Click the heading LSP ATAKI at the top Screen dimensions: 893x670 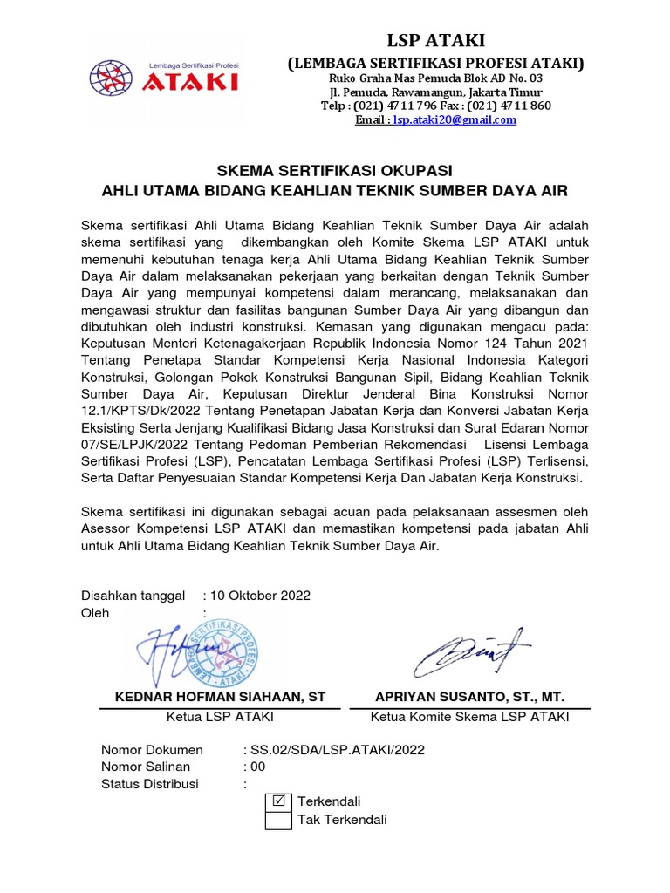pos(436,40)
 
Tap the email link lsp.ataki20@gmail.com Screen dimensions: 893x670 pos(454,120)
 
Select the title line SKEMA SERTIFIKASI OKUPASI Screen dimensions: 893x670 pos(335,170)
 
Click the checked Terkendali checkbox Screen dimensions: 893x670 pos(278,801)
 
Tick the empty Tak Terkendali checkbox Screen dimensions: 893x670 pos(278,820)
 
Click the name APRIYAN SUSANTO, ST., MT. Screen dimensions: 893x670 pos(469,697)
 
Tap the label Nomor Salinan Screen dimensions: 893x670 pos(145,767)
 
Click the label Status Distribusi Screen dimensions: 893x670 pos(150,784)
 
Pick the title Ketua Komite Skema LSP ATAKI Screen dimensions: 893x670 pos(469,717)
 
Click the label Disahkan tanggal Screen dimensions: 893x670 pos(133,596)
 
